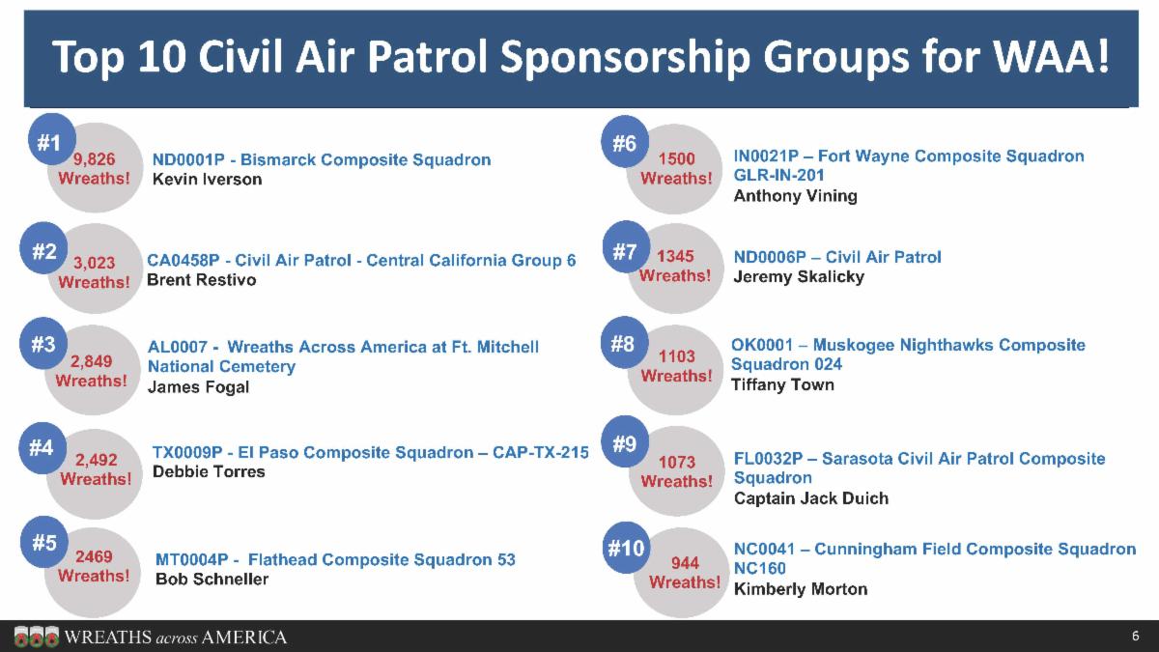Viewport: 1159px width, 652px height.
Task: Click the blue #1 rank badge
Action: [48, 143]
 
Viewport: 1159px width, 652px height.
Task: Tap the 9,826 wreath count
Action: [95, 159]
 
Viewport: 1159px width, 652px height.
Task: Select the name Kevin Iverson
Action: [207, 180]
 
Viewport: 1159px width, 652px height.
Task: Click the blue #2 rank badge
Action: [44, 251]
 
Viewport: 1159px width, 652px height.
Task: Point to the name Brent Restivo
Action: [201, 280]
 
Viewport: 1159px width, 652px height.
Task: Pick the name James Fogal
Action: [198, 386]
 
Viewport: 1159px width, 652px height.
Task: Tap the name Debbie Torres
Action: [209, 471]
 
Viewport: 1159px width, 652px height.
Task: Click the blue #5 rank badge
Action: [44, 543]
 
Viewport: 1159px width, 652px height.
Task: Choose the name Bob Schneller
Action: [212, 579]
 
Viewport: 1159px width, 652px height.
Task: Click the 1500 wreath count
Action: [676, 159]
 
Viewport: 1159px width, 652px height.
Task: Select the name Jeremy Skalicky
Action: [799, 276]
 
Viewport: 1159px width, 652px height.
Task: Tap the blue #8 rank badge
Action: [624, 343]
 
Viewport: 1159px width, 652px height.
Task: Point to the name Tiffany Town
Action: [782, 384]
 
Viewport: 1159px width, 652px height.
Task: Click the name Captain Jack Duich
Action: [810, 498]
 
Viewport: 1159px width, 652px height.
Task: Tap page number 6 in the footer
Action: [1136, 637]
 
